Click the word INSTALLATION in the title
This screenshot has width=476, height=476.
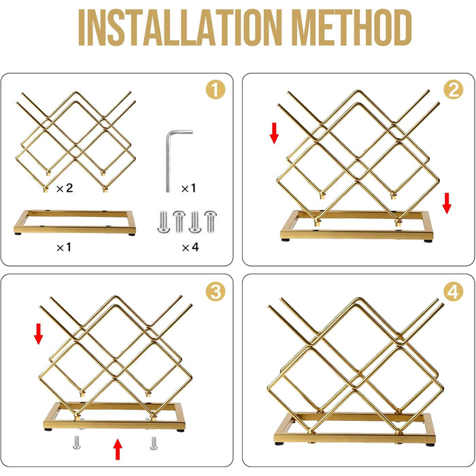pyautogui.click(x=180, y=28)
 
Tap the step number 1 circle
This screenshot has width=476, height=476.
pyautogui.click(x=216, y=90)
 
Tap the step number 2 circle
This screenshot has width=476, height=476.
pyautogui.click(x=454, y=90)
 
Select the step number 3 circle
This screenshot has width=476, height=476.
pyautogui.click(x=216, y=292)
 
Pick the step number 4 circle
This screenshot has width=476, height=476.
pyautogui.click(x=454, y=292)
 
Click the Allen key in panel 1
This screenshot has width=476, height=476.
pyautogui.click(x=170, y=161)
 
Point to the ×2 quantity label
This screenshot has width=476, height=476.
pyautogui.click(x=65, y=188)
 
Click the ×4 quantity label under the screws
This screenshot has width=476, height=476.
pyautogui.click(x=190, y=247)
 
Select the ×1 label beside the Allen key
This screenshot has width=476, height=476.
pyautogui.click(x=188, y=188)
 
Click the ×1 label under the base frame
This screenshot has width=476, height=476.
pyautogui.click(x=64, y=247)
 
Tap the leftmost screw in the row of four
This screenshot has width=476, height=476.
pyautogui.click(x=163, y=222)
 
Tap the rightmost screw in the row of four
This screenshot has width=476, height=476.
pyautogui.click(x=210, y=222)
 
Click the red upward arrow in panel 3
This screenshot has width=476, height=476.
pyautogui.click(x=118, y=449)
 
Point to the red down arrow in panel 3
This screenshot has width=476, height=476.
pyautogui.click(x=38, y=334)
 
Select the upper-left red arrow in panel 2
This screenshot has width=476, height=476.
pyautogui.click(x=274, y=133)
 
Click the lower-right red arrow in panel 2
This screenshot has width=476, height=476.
pyautogui.click(x=447, y=203)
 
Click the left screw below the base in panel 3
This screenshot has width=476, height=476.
pyautogui.click(x=76, y=442)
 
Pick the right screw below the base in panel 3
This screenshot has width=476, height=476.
pyautogui.click(x=154, y=443)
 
